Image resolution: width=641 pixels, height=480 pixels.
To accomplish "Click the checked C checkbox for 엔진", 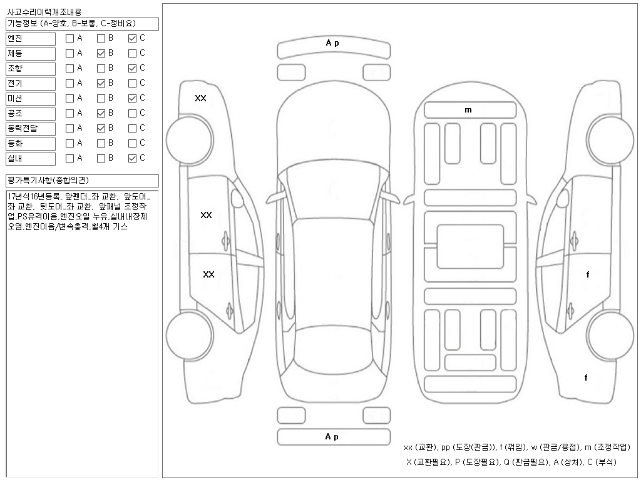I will tap(132, 38).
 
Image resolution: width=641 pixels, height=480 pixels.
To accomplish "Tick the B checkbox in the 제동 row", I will tap(101, 53).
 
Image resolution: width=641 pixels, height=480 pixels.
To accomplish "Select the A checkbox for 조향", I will tap(69, 68).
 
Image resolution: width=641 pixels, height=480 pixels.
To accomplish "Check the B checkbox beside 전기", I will tap(101, 83).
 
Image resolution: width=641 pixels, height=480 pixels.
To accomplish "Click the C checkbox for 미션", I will tap(132, 98).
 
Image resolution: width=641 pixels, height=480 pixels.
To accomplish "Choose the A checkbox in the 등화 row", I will tap(69, 143).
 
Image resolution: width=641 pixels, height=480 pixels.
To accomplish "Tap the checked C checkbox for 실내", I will tap(132, 158).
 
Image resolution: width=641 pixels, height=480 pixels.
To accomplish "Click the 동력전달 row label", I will tap(31, 128).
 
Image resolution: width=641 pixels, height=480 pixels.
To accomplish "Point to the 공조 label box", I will tap(31, 113).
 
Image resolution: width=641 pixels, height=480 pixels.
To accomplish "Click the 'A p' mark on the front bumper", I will tap(332, 43).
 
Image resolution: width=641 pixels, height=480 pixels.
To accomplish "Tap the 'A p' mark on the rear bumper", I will tap(332, 437).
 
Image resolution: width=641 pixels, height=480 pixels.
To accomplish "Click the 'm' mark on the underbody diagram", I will tap(468, 110).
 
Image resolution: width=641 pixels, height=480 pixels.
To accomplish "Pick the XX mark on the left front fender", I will tap(200, 98).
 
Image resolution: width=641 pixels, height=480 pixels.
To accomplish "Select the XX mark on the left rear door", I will tap(209, 274).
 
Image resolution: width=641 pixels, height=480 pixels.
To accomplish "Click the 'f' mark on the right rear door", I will tap(587, 274).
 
